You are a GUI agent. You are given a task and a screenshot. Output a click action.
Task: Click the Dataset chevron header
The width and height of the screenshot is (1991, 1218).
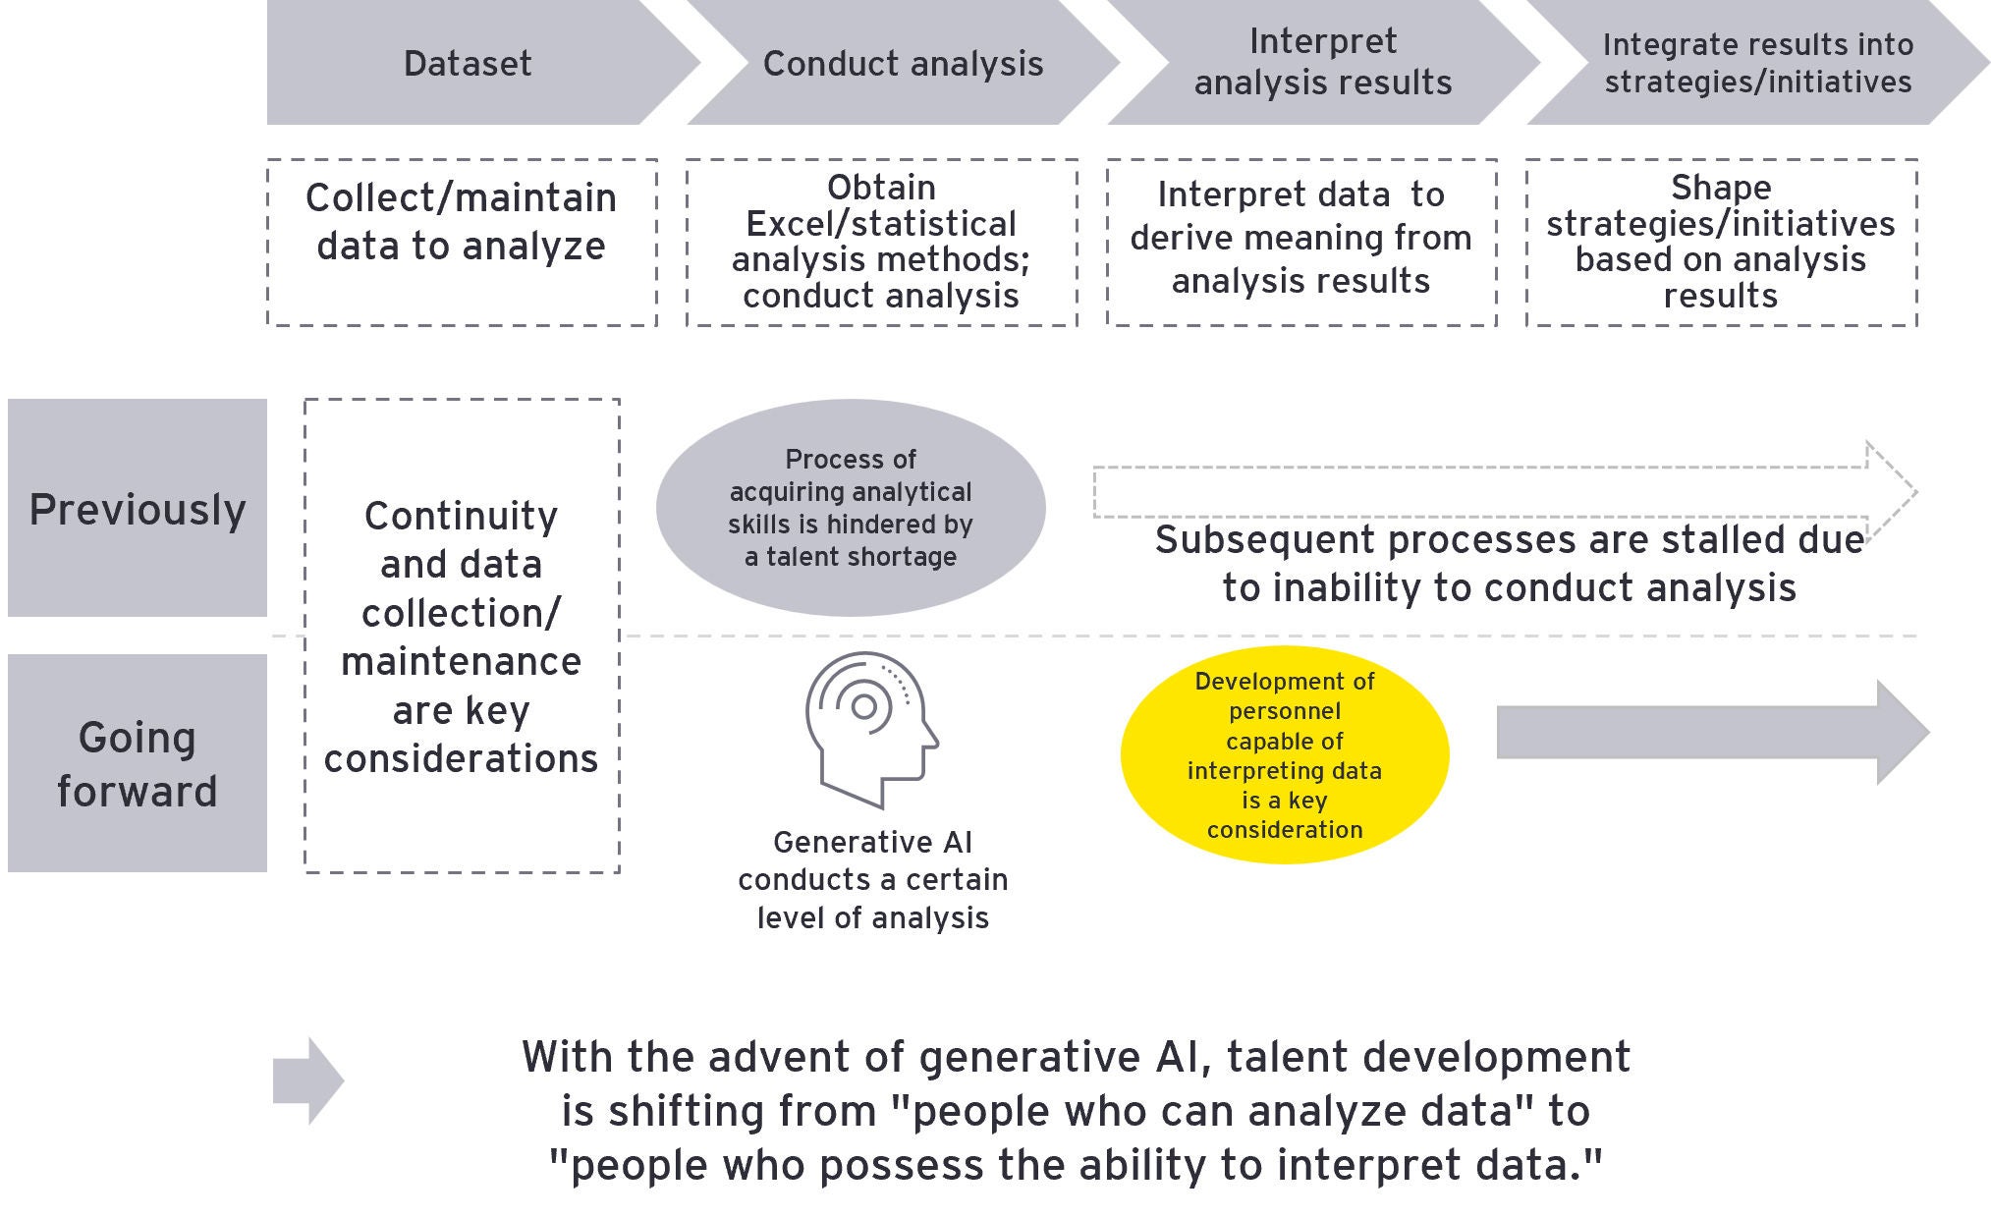point(468,63)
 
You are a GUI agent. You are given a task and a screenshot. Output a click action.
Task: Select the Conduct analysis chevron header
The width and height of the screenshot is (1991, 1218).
point(902,63)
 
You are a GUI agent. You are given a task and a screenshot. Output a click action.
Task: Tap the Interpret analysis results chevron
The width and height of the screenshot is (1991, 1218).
point(1322,62)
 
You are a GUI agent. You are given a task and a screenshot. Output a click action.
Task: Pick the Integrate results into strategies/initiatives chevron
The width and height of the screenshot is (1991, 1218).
point(1757,62)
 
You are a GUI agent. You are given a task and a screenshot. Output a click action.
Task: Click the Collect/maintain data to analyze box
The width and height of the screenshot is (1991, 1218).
point(462,242)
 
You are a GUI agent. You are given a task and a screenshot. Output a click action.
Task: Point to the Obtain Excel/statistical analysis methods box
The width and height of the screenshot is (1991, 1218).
point(881,242)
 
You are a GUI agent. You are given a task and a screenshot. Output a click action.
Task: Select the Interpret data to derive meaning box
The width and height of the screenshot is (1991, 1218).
point(1301,242)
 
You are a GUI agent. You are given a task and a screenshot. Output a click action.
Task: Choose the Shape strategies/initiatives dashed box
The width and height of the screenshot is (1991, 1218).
point(1721,242)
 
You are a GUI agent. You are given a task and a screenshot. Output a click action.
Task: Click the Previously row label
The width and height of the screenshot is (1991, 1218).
point(138,508)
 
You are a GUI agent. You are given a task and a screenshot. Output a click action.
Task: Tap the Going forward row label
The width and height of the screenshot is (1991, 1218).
point(138,763)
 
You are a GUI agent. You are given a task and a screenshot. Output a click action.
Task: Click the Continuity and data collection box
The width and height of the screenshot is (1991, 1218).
point(462,636)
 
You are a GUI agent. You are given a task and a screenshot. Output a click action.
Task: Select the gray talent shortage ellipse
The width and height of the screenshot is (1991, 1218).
point(851,507)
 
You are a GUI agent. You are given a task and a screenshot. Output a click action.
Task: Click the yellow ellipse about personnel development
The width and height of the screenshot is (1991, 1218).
point(1285,754)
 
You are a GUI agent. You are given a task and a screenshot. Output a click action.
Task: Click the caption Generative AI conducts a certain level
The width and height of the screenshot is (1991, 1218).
point(872,879)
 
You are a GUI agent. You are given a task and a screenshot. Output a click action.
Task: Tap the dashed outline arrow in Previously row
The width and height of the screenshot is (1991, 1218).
point(1503,491)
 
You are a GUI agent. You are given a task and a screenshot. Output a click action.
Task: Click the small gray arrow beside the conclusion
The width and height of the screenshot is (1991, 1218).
point(307,1080)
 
